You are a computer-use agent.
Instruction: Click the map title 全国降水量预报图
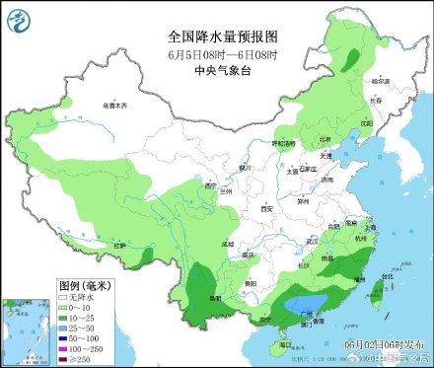pyautogui.click(x=216, y=35)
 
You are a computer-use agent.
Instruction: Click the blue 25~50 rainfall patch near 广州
pyautogui.click(x=308, y=303)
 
